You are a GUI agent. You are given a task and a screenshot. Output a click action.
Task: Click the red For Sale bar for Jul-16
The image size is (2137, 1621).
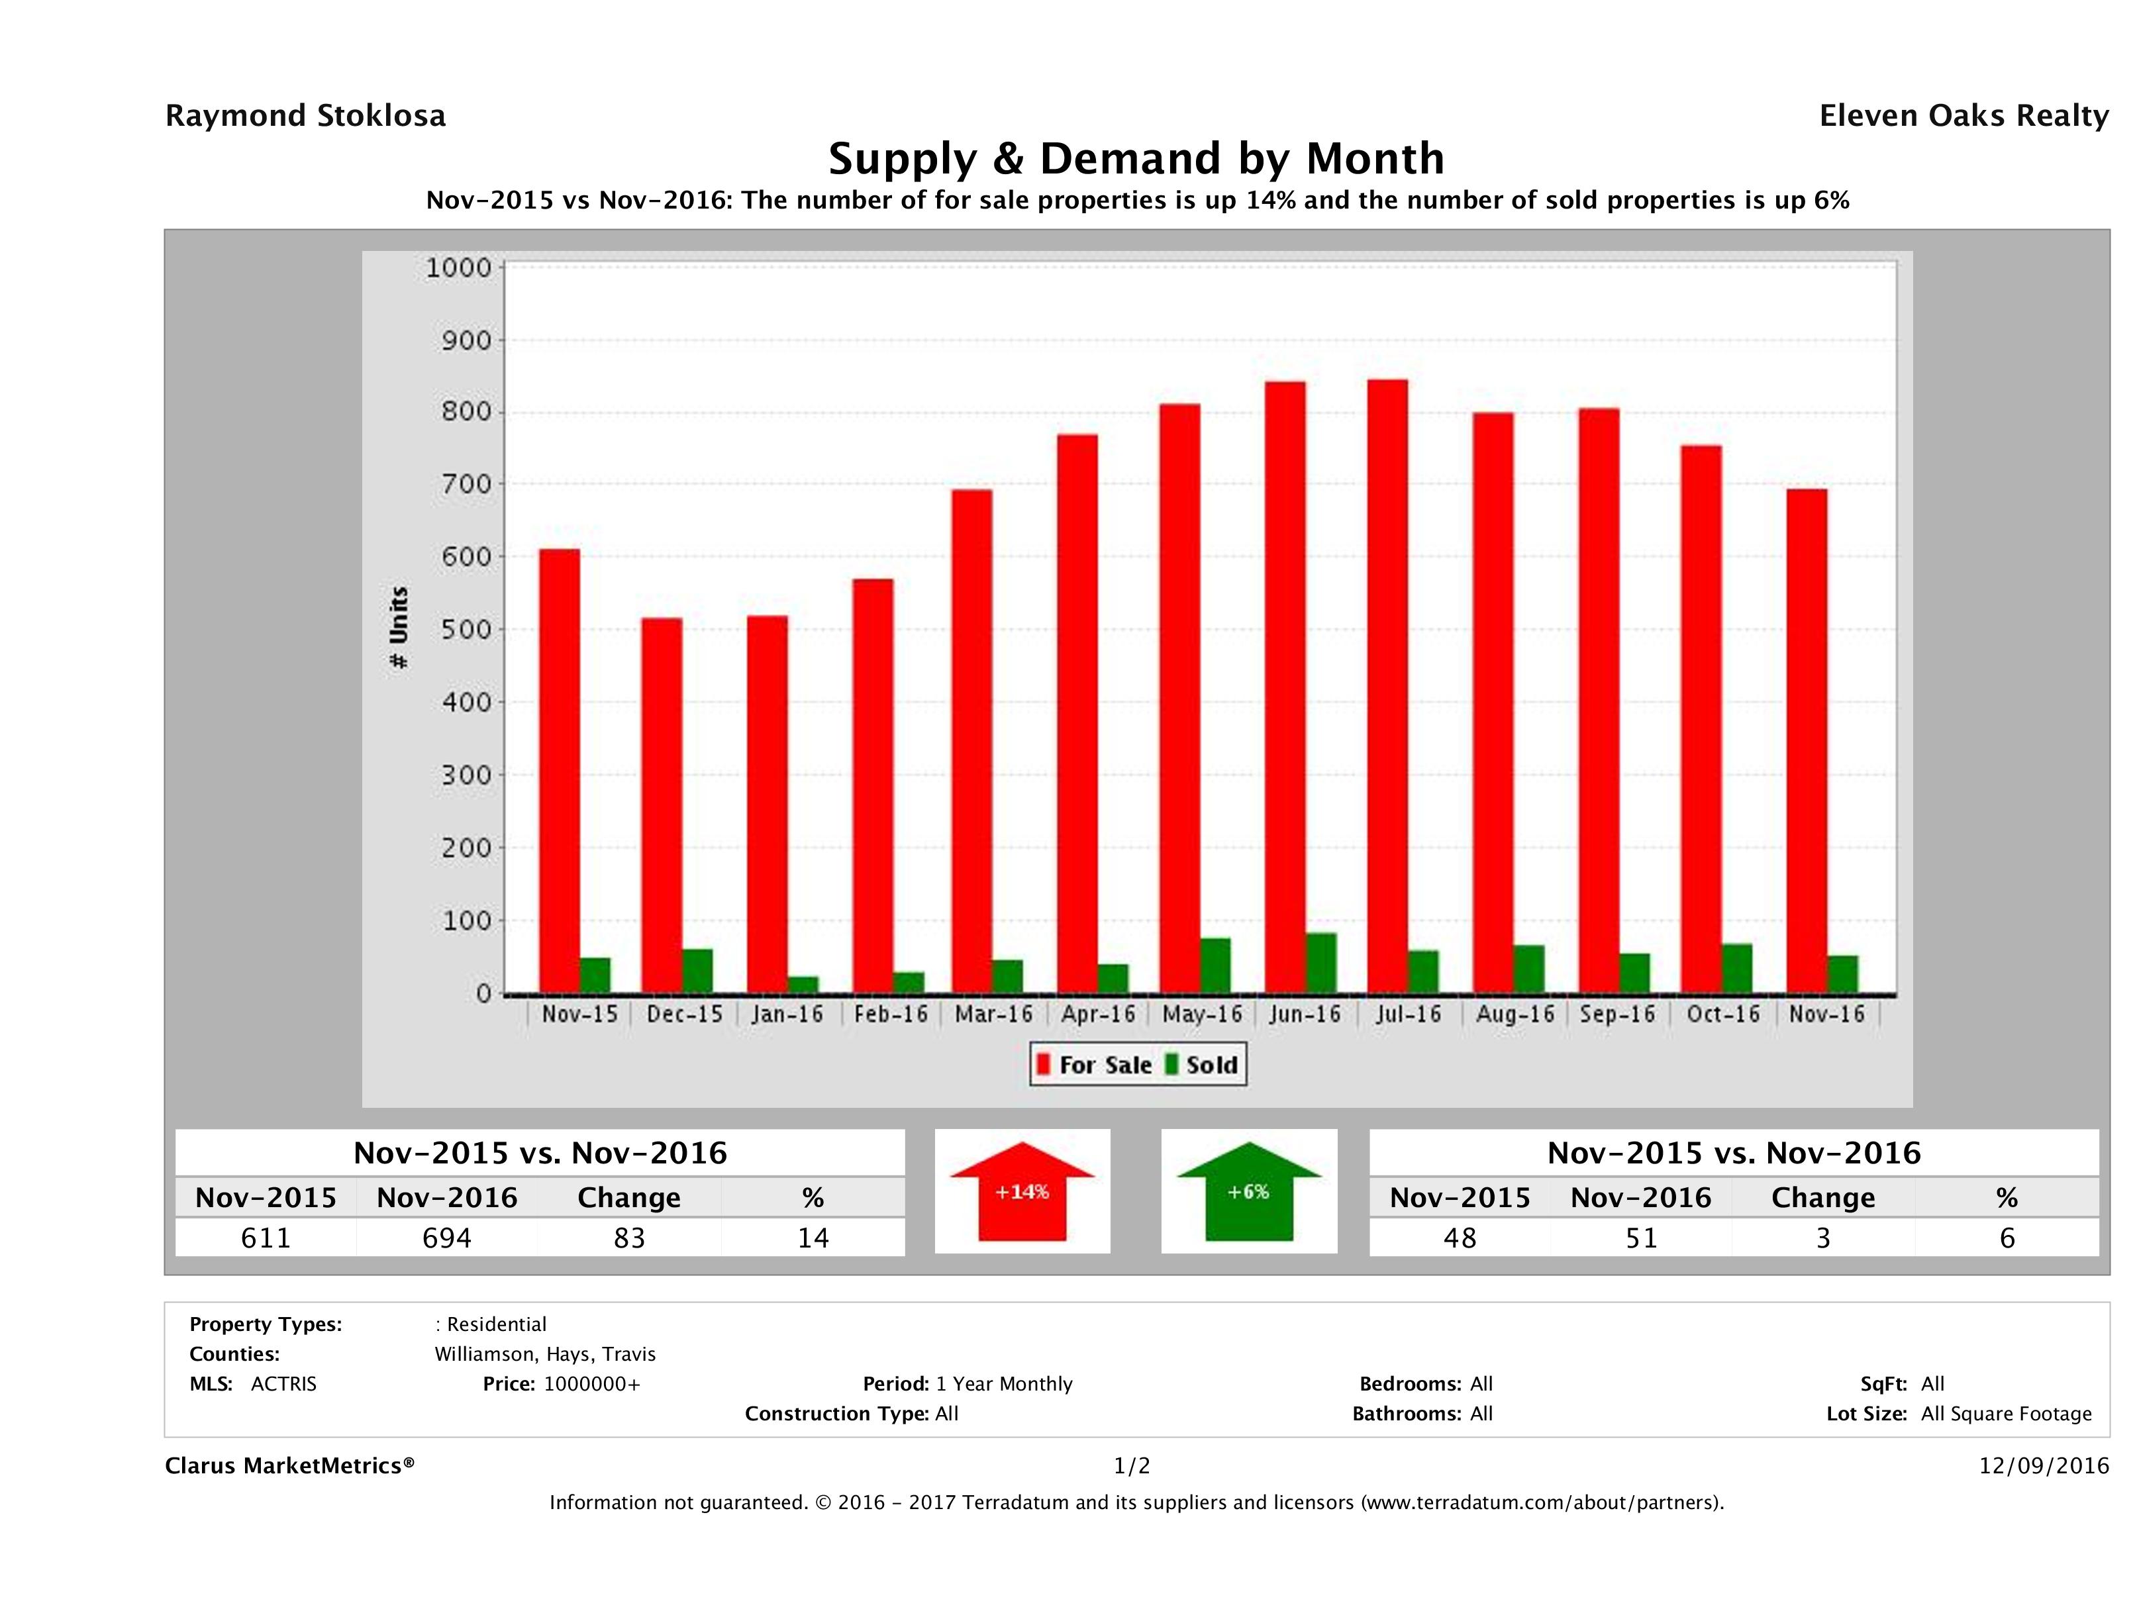click(1387, 686)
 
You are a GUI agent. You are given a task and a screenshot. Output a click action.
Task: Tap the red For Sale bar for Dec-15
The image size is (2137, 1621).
click(662, 806)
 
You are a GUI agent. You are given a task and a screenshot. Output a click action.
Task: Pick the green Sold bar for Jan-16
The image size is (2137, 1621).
click(803, 985)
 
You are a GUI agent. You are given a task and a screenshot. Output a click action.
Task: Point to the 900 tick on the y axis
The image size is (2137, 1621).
click(468, 340)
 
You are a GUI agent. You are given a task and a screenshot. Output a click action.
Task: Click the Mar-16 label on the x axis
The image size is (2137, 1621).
click(993, 1014)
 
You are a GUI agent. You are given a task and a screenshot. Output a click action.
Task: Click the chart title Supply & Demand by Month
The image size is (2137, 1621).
click(1136, 158)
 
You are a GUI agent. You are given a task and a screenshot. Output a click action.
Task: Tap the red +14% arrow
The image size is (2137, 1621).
click(1022, 1192)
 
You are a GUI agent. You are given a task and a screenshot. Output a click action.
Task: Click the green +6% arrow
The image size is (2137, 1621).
click(1248, 1192)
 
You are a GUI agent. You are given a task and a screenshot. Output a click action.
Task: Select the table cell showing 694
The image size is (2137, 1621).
click(447, 1238)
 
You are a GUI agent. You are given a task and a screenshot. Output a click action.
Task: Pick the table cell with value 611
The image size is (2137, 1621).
click(266, 1238)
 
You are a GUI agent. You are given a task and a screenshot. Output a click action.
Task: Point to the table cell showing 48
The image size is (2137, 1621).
click(1460, 1238)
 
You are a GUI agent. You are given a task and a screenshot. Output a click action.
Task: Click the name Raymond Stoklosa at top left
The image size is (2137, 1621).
click(305, 116)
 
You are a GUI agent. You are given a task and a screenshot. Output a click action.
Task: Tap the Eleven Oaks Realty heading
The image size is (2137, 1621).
click(1963, 116)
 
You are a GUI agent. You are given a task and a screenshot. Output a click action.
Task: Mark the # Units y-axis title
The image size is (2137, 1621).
click(398, 628)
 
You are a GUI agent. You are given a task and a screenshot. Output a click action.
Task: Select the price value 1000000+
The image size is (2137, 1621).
click(591, 1383)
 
